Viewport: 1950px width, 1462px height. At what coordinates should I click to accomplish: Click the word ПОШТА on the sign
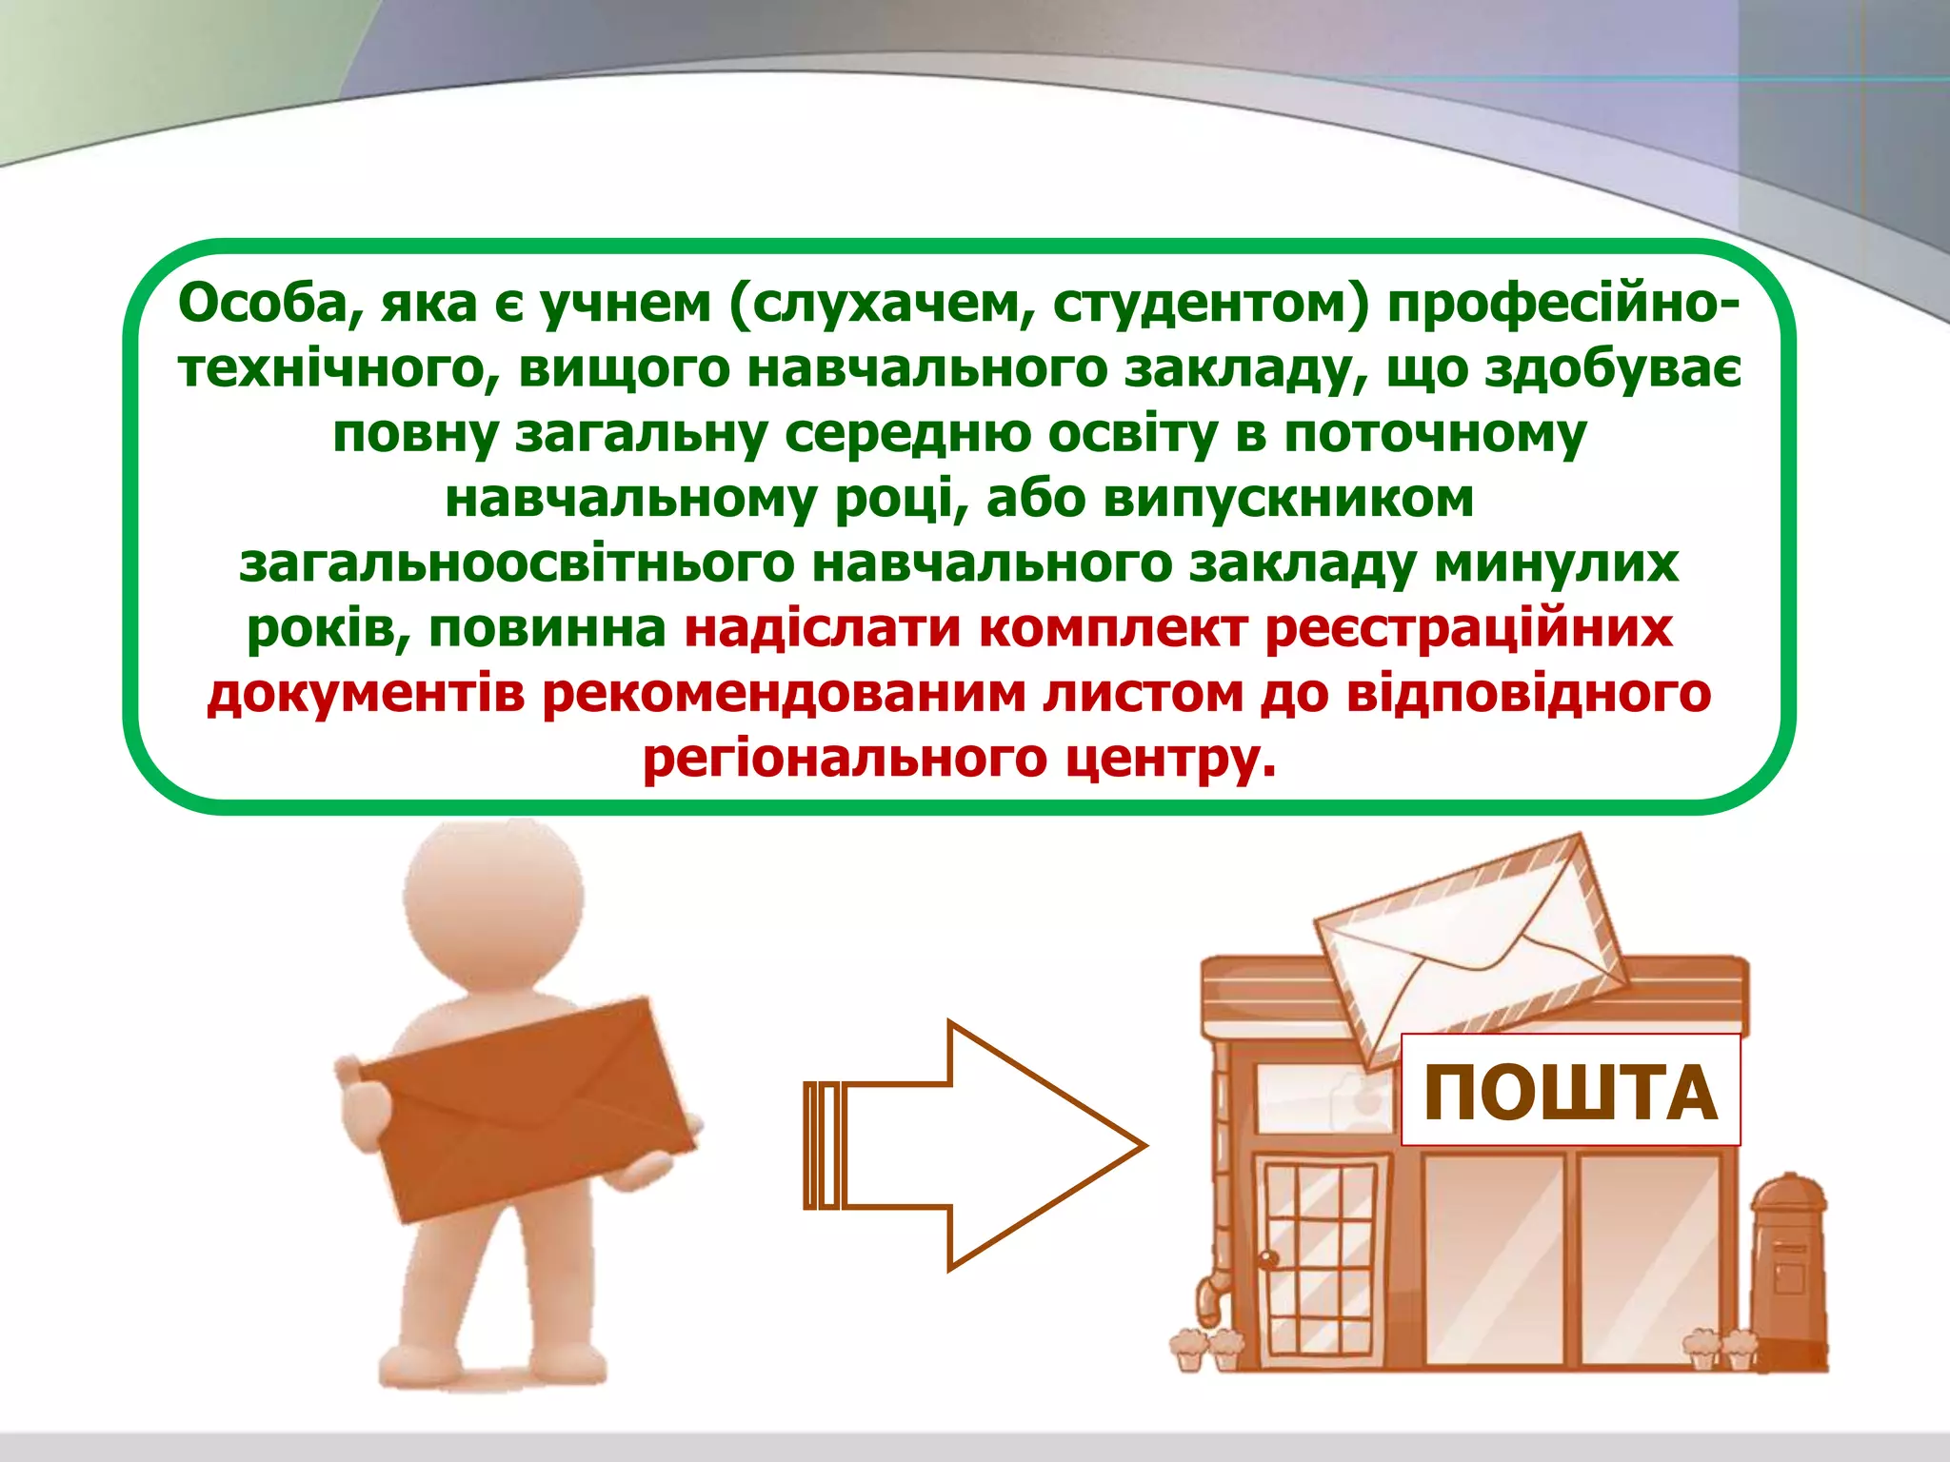point(1570,1093)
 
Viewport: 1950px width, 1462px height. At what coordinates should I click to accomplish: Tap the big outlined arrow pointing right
point(990,1145)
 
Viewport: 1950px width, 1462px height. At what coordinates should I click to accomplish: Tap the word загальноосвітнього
point(517,563)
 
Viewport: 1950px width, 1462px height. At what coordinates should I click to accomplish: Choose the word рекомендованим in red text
point(784,694)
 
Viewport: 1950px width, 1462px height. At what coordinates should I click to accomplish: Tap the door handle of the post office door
point(1267,1259)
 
